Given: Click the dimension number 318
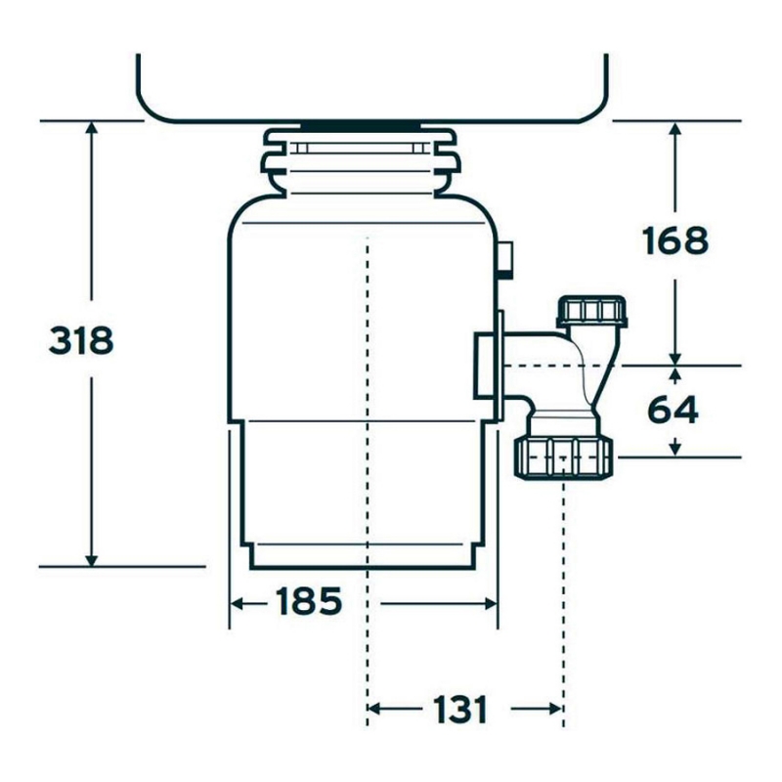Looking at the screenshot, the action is [81, 340].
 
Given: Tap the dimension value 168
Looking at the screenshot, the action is [674, 240].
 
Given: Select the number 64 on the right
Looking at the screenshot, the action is [673, 410].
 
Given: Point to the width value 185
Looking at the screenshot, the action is [309, 601].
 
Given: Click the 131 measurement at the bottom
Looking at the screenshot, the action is [459, 710].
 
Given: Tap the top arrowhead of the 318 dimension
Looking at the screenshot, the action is [91, 127].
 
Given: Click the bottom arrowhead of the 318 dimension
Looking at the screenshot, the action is [91, 560].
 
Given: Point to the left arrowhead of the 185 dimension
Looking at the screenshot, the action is [237, 604].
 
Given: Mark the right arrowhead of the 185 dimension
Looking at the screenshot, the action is [492, 604].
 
